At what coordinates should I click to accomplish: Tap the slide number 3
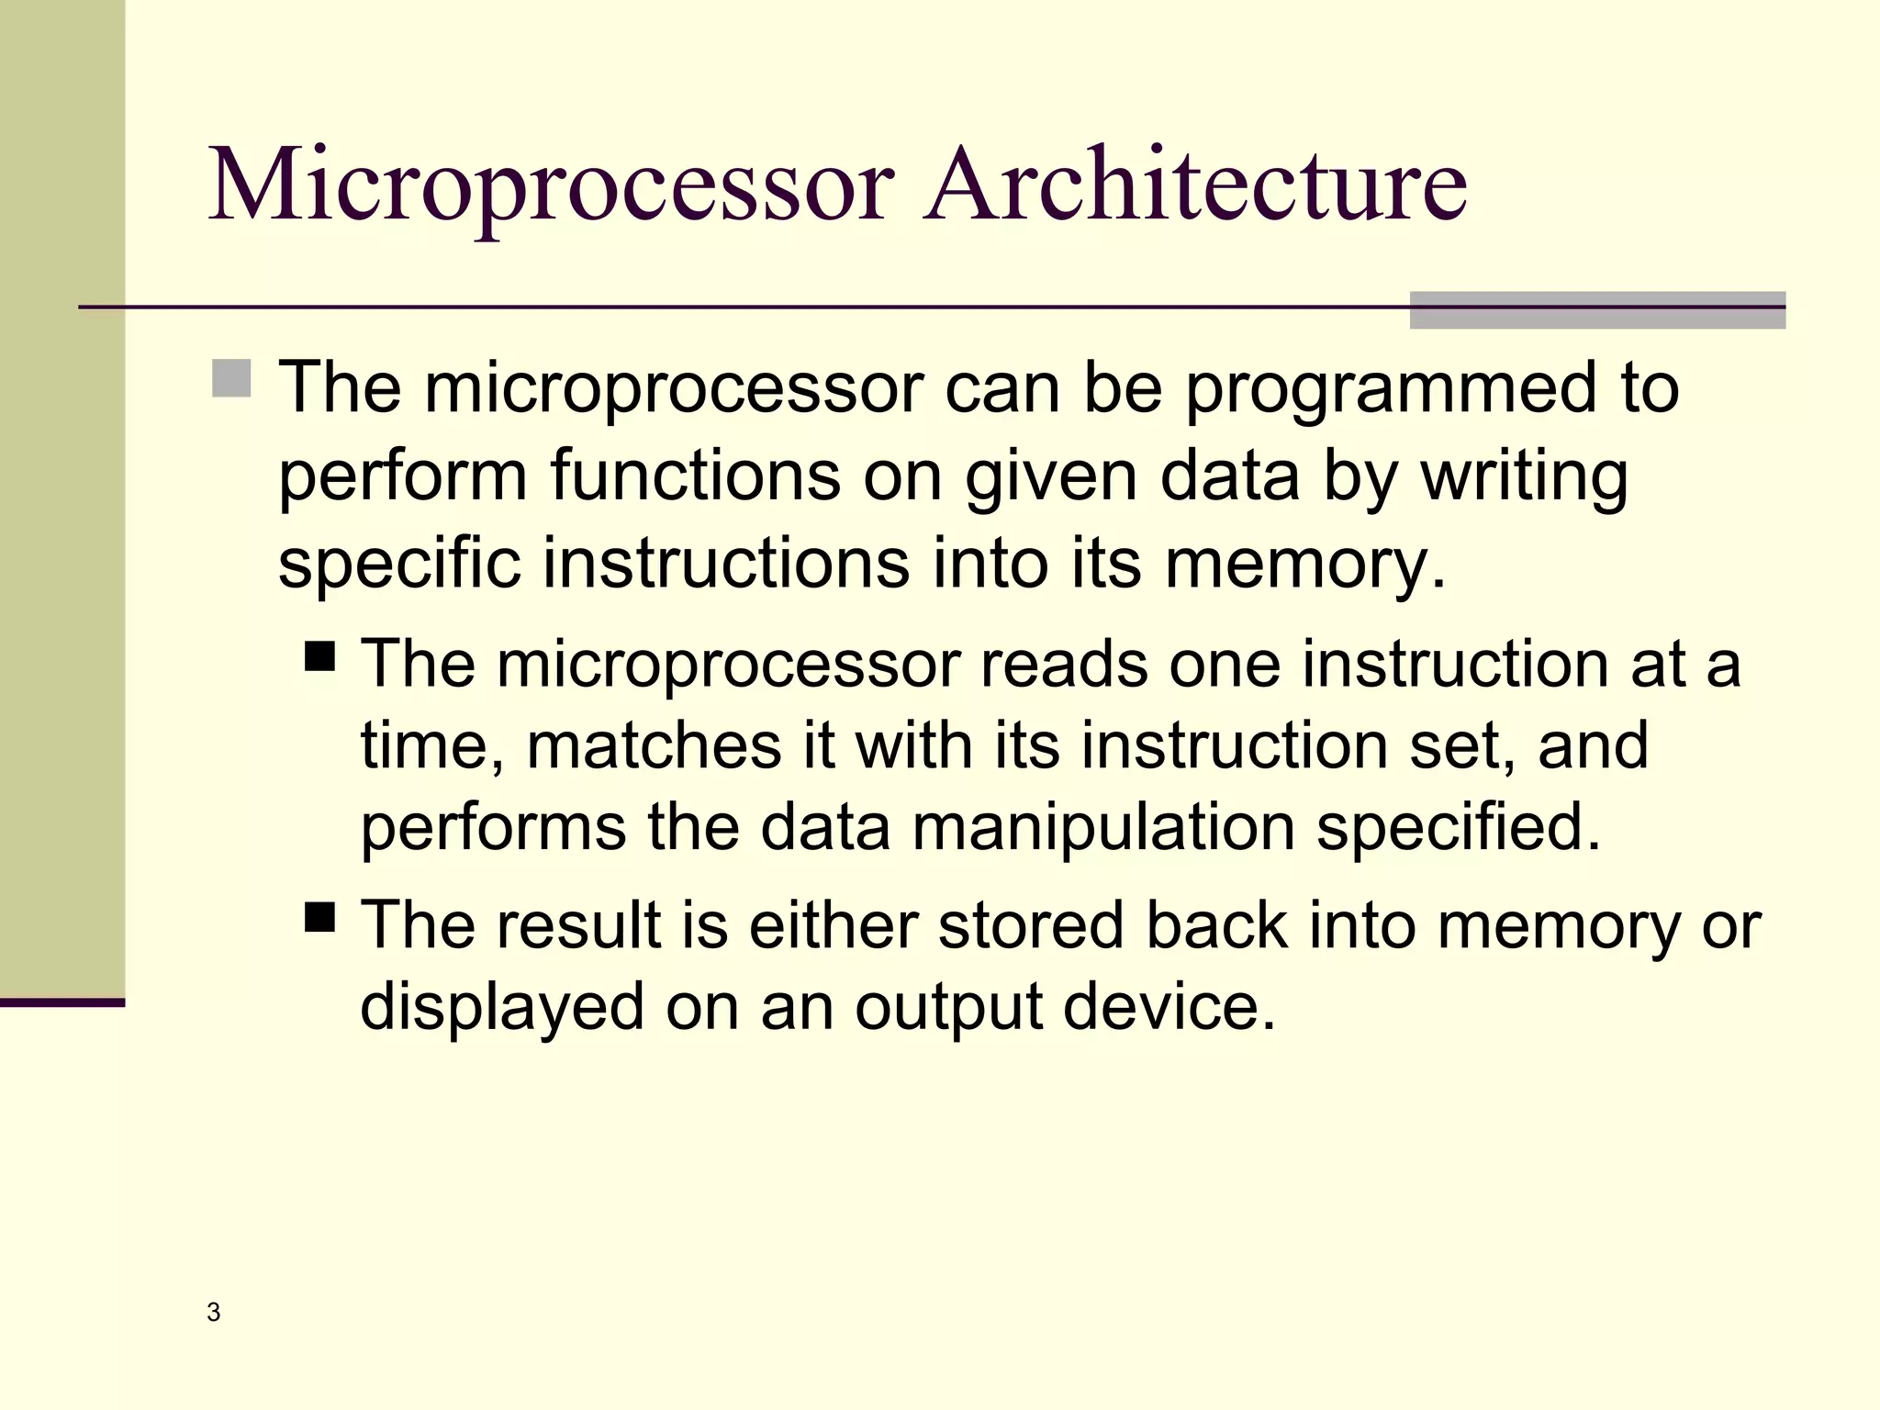click(x=214, y=1313)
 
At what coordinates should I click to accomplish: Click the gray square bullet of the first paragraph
click(x=231, y=378)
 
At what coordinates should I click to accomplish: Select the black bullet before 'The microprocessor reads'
click(x=320, y=657)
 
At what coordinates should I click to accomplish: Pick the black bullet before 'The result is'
click(x=320, y=917)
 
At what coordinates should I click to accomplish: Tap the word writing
click(x=1525, y=477)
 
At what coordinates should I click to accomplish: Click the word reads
click(x=1063, y=664)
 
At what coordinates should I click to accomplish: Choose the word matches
click(x=654, y=745)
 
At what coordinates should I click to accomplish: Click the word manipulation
click(x=1102, y=828)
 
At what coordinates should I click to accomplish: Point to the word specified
click(x=1458, y=828)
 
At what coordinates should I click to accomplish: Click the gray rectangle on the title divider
click(x=1597, y=310)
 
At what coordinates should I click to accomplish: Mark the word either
click(x=833, y=925)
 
